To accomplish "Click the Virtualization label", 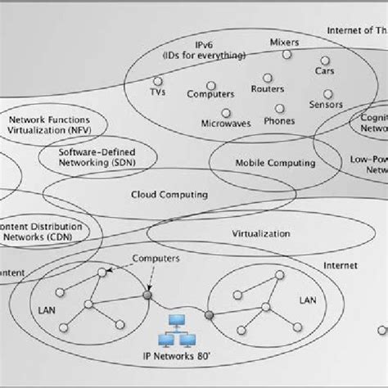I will (262, 233).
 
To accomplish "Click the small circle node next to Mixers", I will (286, 55).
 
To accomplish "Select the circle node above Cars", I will (325, 60).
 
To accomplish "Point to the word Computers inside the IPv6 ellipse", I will (210, 95).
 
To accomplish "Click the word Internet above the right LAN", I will (341, 266).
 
